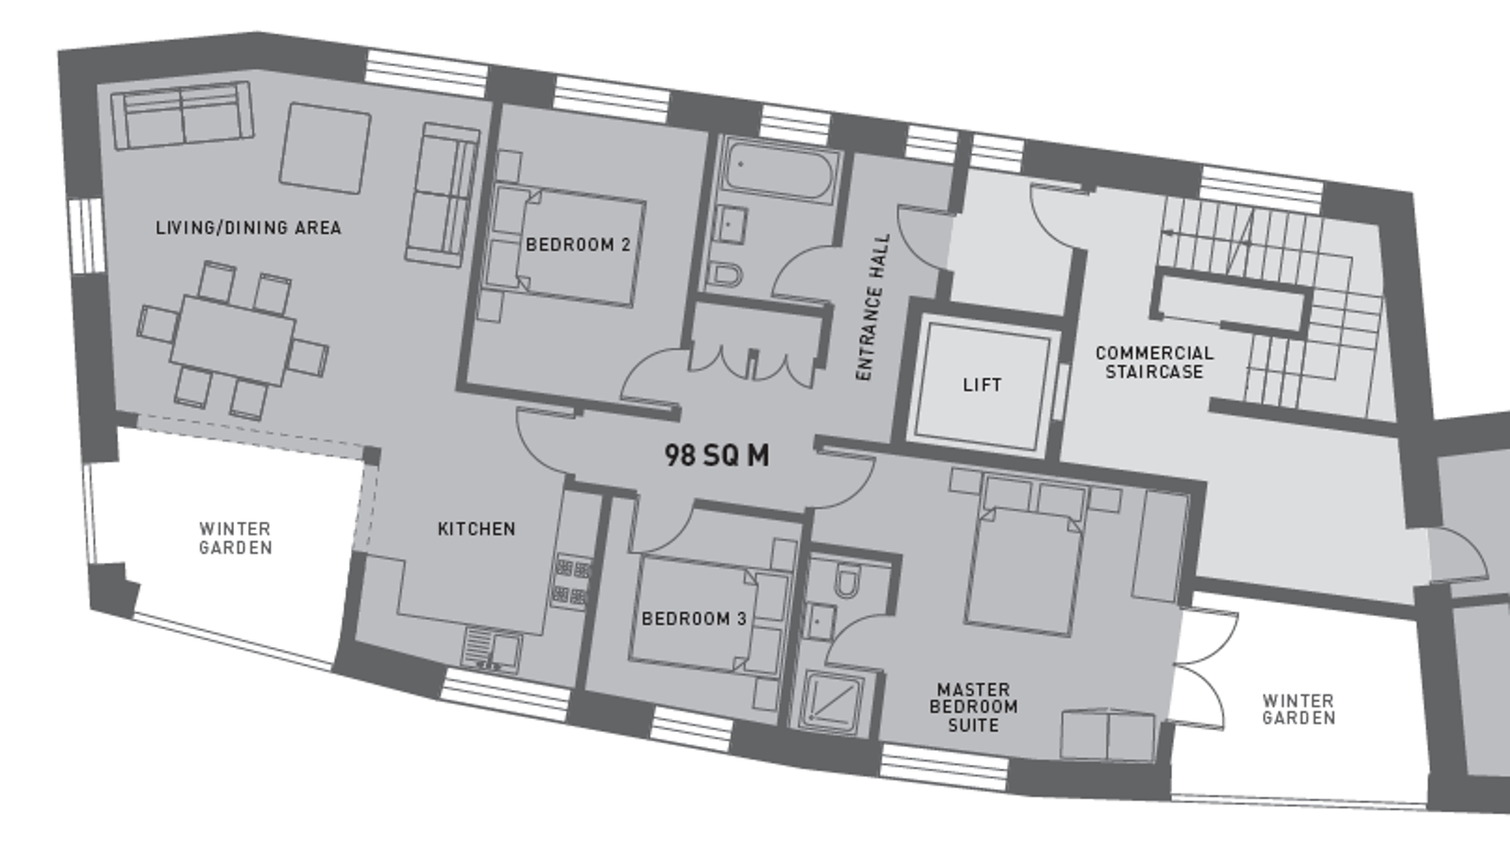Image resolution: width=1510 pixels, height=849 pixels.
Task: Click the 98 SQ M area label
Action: tap(716, 456)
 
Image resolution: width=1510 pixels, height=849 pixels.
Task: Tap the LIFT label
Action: tap(982, 385)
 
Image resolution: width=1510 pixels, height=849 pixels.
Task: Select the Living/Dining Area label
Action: tap(249, 227)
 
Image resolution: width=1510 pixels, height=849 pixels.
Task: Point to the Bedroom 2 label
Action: tap(578, 244)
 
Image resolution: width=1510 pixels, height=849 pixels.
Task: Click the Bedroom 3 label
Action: tap(695, 619)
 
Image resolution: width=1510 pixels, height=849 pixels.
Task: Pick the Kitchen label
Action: tap(477, 529)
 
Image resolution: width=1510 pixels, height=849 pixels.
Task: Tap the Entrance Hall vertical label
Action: tap(873, 308)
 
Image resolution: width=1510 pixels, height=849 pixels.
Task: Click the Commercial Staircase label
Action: tap(1154, 362)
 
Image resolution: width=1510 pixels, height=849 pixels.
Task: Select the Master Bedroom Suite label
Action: tap(973, 707)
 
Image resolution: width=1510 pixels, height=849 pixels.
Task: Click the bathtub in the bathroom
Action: tap(779, 171)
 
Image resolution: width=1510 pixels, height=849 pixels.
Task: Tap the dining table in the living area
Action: tap(232, 341)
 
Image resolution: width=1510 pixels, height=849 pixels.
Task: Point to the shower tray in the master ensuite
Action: tap(831, 702)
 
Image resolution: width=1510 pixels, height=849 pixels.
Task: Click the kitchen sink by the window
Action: tap(492, 651)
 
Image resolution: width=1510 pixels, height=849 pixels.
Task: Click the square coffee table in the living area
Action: tap(326, 148)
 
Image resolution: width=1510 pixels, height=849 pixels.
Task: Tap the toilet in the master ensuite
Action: tap(847, 581)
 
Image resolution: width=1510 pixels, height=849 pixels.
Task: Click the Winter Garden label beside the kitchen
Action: tap(236, 539)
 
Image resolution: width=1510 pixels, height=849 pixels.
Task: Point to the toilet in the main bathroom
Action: tap(726, 275)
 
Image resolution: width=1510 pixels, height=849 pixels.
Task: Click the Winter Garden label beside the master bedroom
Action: tap(1299, 710)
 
